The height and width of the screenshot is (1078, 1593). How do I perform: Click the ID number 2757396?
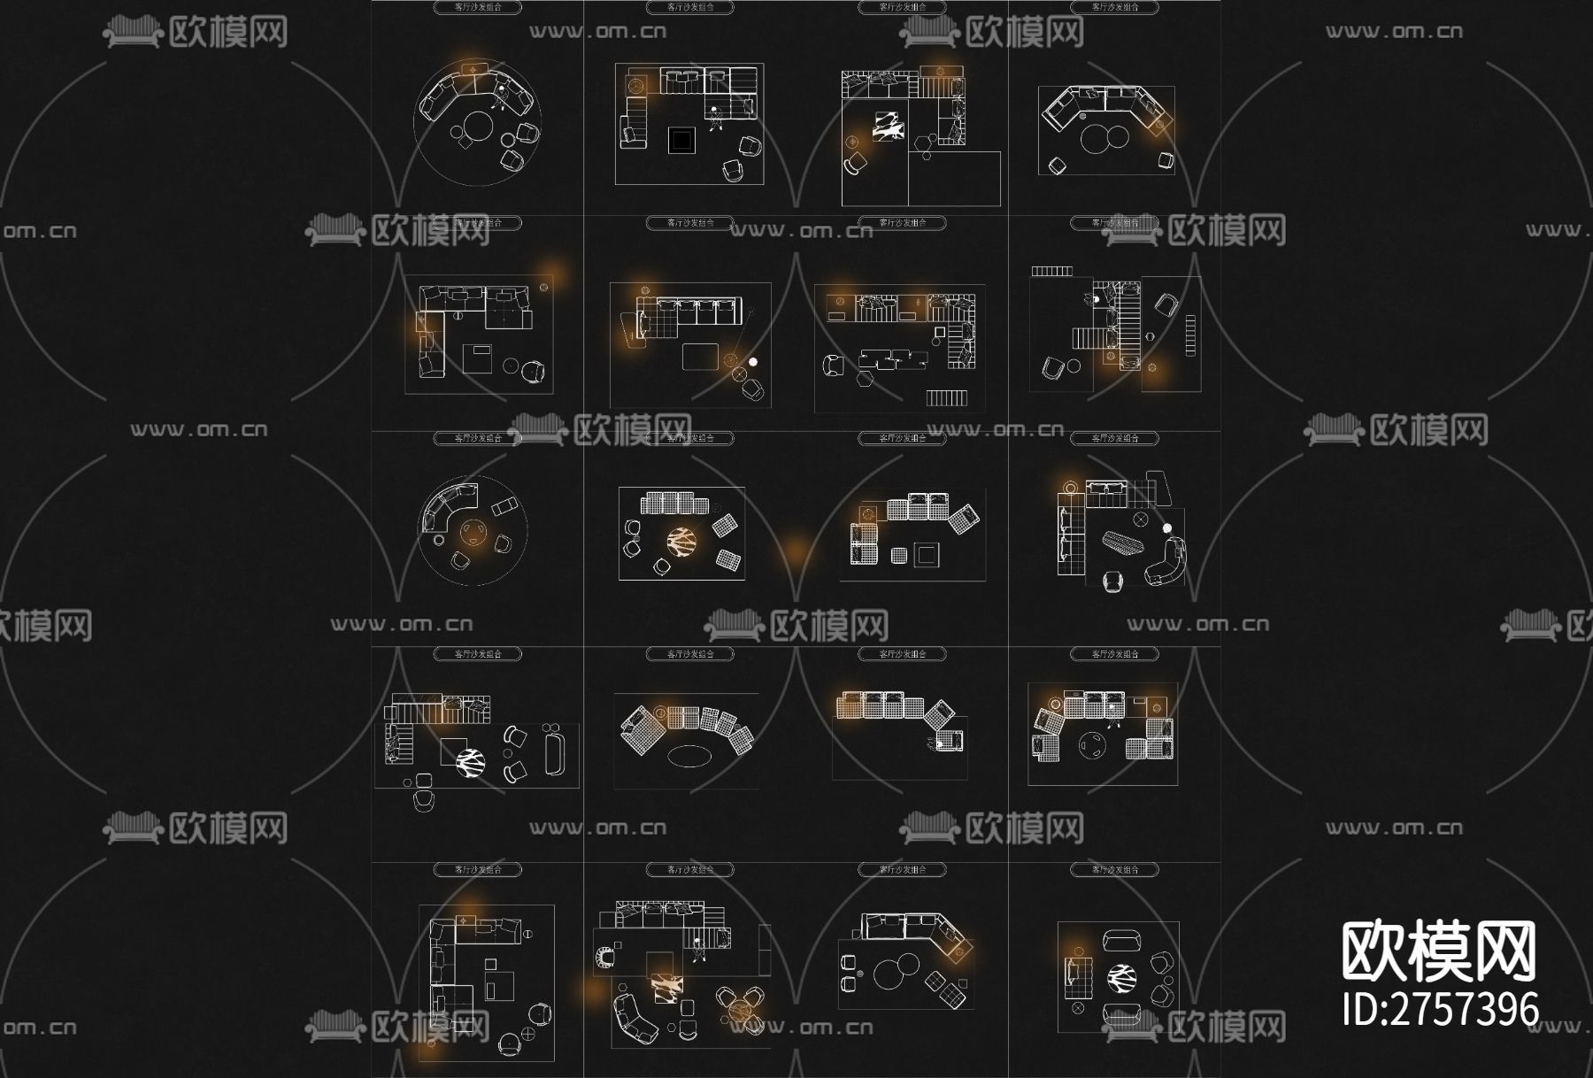(1441, 1009)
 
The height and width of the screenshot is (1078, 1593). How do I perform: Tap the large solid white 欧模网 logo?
(1438, 951)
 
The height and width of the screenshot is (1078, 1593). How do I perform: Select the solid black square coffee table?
(681, 140)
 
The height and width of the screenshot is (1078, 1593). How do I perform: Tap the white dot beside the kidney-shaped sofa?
(1166, 528)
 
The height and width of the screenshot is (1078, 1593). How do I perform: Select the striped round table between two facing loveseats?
(1121, 978)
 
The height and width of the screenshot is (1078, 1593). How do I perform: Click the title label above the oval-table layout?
(689, 654)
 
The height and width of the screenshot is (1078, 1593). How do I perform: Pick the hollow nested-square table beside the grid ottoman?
(927, 555)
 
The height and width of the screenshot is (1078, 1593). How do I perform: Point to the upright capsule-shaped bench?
(555, 749)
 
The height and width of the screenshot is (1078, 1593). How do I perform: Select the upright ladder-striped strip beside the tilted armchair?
(1190, 335)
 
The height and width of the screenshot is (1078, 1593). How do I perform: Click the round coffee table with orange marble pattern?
(681, 541)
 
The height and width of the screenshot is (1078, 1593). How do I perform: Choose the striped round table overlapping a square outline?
(470, 761)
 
